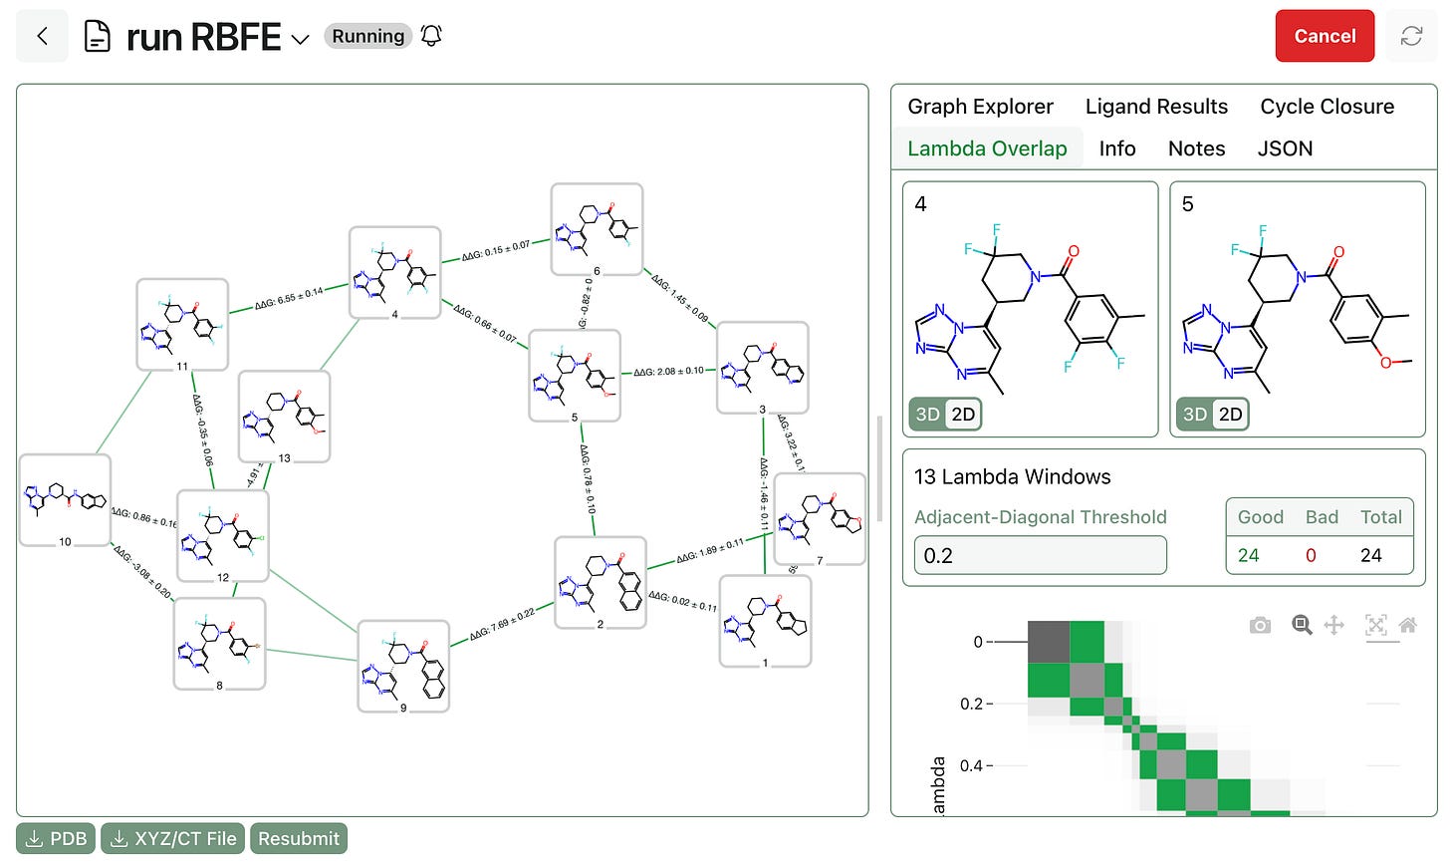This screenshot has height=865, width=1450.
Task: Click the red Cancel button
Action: (x=1325, y=36)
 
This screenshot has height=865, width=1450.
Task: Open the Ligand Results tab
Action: (x=1156, y=107)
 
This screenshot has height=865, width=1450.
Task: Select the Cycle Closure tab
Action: (x=1327, y=107)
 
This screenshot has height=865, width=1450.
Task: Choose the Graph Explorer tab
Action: (x=980, y=107)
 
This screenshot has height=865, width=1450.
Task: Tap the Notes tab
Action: (x=1196, y=148)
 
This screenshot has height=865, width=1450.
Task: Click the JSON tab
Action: (x=1285, y=148)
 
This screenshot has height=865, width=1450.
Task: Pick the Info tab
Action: (x=1117, y=148)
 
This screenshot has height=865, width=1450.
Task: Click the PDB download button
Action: (x=57, y=839)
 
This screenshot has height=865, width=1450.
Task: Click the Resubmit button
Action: (x=299, y=839)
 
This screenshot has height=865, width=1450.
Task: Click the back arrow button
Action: (x=42, y=37)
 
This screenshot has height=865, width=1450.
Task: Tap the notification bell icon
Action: (x=431, y=37)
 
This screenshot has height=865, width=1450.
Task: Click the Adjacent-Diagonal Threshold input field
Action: (x=1040, y=555)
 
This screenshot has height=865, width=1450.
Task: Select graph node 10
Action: (x=65, y=500)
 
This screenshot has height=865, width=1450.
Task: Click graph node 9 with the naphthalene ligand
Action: (x=403, y=666)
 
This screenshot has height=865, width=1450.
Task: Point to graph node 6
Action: (x=597, y=229)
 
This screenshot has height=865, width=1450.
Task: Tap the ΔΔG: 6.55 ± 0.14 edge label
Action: (x=289, y=298)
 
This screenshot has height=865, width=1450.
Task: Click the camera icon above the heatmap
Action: (x=1260, y=625)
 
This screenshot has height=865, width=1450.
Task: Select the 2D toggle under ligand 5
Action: (x=1231, y=415)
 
